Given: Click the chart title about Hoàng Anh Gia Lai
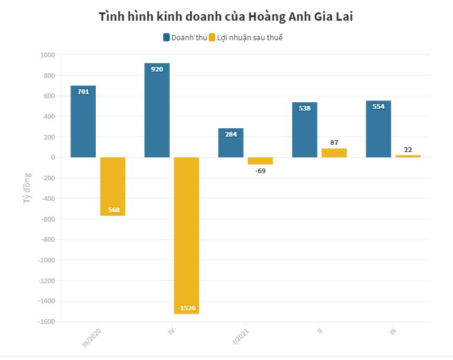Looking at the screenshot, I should [x=226, y=17].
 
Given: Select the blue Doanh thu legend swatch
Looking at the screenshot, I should [x=166, y=38].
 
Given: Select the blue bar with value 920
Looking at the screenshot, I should [x=157, y=112].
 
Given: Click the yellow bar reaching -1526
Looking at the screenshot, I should [x=186, y=236].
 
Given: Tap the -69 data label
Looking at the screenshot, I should [x=260, y=171].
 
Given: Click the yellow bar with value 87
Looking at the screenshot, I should [x=334, y=153].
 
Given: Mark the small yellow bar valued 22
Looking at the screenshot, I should [x=408, y=156].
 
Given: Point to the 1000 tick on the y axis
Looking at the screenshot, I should [x=47, y=55].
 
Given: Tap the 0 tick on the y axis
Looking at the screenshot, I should [x=53, y=157].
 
